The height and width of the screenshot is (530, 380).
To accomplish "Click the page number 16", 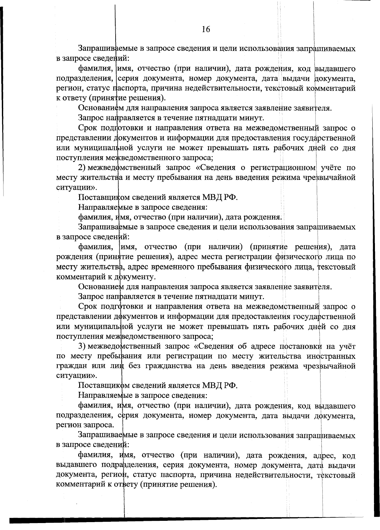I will click(x=206, y=29).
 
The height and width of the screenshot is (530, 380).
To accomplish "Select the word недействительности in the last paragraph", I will click(x=242, y=475).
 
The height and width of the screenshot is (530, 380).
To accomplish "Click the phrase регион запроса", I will click(x=85, y=426).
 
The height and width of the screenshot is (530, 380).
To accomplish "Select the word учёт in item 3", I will click(x=346, y=346).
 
